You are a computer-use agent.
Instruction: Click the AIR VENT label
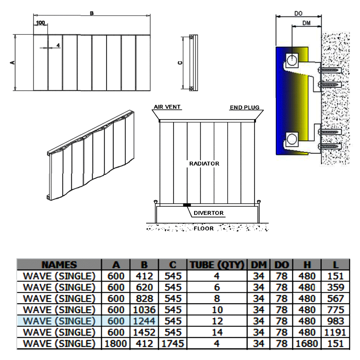tap(167, 107)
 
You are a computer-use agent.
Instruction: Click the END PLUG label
tap(245, 107)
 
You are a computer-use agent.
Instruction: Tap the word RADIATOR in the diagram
tap(204, 163)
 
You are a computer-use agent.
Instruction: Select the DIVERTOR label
tap(208, 213)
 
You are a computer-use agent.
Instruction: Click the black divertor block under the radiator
tap(187, 205)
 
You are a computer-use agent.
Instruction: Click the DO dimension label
tap(298, 13)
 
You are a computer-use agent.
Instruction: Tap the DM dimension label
tap(306, 23)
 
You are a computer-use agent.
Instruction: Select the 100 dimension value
tap(41, 23)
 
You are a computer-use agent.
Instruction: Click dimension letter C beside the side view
tap(181, 63)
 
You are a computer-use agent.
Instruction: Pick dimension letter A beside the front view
tap(12, 63)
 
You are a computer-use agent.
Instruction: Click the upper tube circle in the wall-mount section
tap(292, 59)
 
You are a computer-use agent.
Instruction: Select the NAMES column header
tap(59, 265)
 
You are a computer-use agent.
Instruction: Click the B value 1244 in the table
tap(144, 321)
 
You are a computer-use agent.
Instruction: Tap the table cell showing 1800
tap(116, 343)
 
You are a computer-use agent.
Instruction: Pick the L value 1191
tap(336, 332)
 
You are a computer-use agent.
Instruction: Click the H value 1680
tap(307, 343)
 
